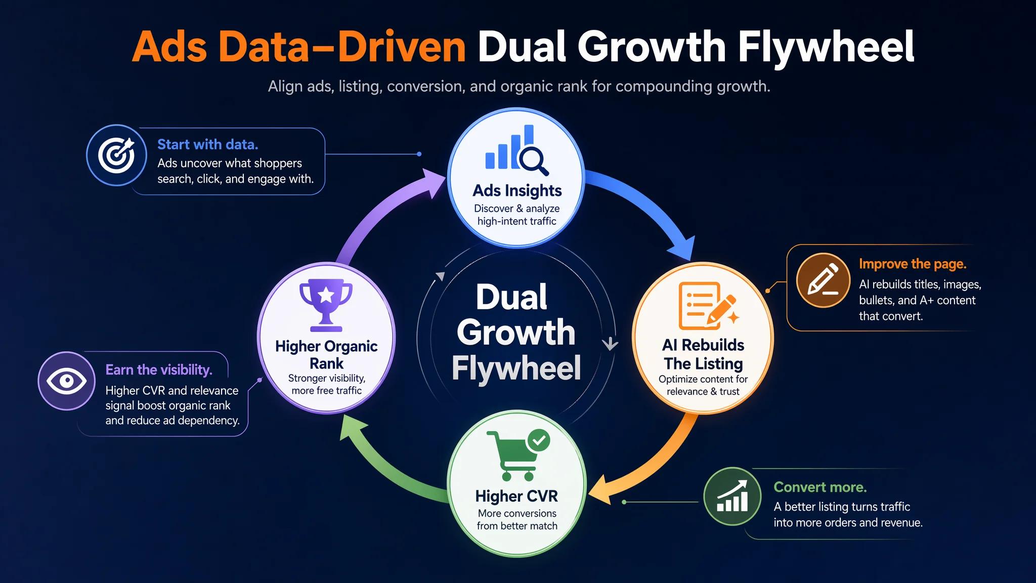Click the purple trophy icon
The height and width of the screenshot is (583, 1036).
[x=326, y=305]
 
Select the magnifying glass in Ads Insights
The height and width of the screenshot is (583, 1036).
[x=533, y=161]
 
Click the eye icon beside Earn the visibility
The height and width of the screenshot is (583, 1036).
[x=67, y=381]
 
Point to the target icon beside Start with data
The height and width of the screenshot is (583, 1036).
[x=116, y=155]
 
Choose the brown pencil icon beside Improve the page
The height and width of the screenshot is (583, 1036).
[x=823, y=280]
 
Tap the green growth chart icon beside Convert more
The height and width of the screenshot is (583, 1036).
[x=732, y=496]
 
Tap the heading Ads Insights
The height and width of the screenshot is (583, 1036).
[x=517, y=191]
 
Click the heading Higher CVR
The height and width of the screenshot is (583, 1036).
[x=516, y=496]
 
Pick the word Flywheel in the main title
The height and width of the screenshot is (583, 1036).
[x=826, y=47]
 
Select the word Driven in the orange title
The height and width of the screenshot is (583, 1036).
[x=402, y=47]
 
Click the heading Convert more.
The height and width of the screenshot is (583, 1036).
[x=820, y=487]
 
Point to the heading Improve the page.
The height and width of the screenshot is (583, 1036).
[x=913, y=264]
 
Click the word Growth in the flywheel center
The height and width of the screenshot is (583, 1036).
[x=516, y=332]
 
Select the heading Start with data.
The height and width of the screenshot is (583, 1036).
[x=208, y=145]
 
